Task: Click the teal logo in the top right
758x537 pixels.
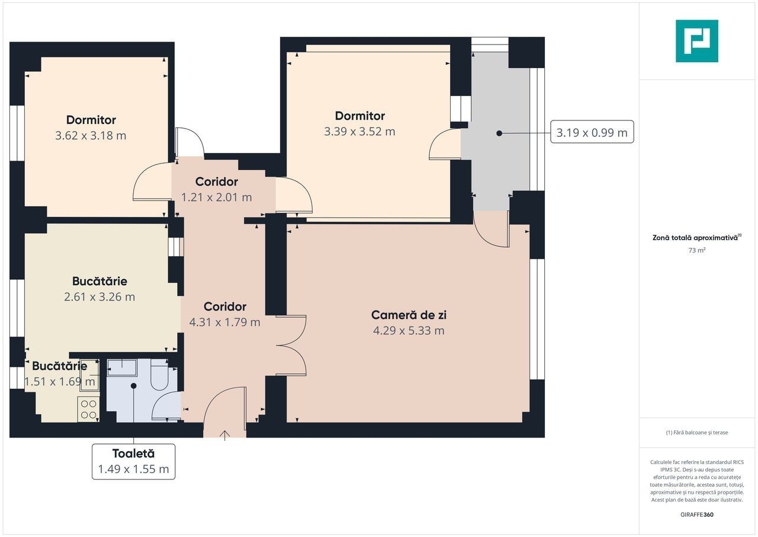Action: (697, 41)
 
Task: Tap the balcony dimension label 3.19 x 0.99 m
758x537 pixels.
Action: (592, 132)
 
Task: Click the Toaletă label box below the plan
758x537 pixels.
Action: (133, 462)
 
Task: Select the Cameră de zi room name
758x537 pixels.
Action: (409, 315)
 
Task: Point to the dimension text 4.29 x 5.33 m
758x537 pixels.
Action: (409, 331)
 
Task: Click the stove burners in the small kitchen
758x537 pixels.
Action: (89, 409)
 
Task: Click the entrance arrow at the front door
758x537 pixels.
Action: (224, 436)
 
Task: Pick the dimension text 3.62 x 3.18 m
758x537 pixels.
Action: (91, 135)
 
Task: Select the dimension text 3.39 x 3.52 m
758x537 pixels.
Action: (359, 132)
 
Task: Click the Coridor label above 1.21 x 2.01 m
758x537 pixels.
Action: (217, 182)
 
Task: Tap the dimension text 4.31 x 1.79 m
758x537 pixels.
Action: (224, 322)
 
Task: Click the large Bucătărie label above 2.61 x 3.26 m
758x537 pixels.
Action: (99, 281)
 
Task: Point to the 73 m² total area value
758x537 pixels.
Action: (697, 250)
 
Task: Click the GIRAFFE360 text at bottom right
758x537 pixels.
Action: (697, 514)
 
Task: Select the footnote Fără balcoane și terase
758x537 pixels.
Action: (697, 432)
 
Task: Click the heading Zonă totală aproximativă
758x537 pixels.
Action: (696, 238)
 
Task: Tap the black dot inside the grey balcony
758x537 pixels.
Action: (499, 133)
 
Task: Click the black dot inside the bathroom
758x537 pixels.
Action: (134, 386)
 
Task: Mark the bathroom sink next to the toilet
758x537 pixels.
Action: (122, 367)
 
